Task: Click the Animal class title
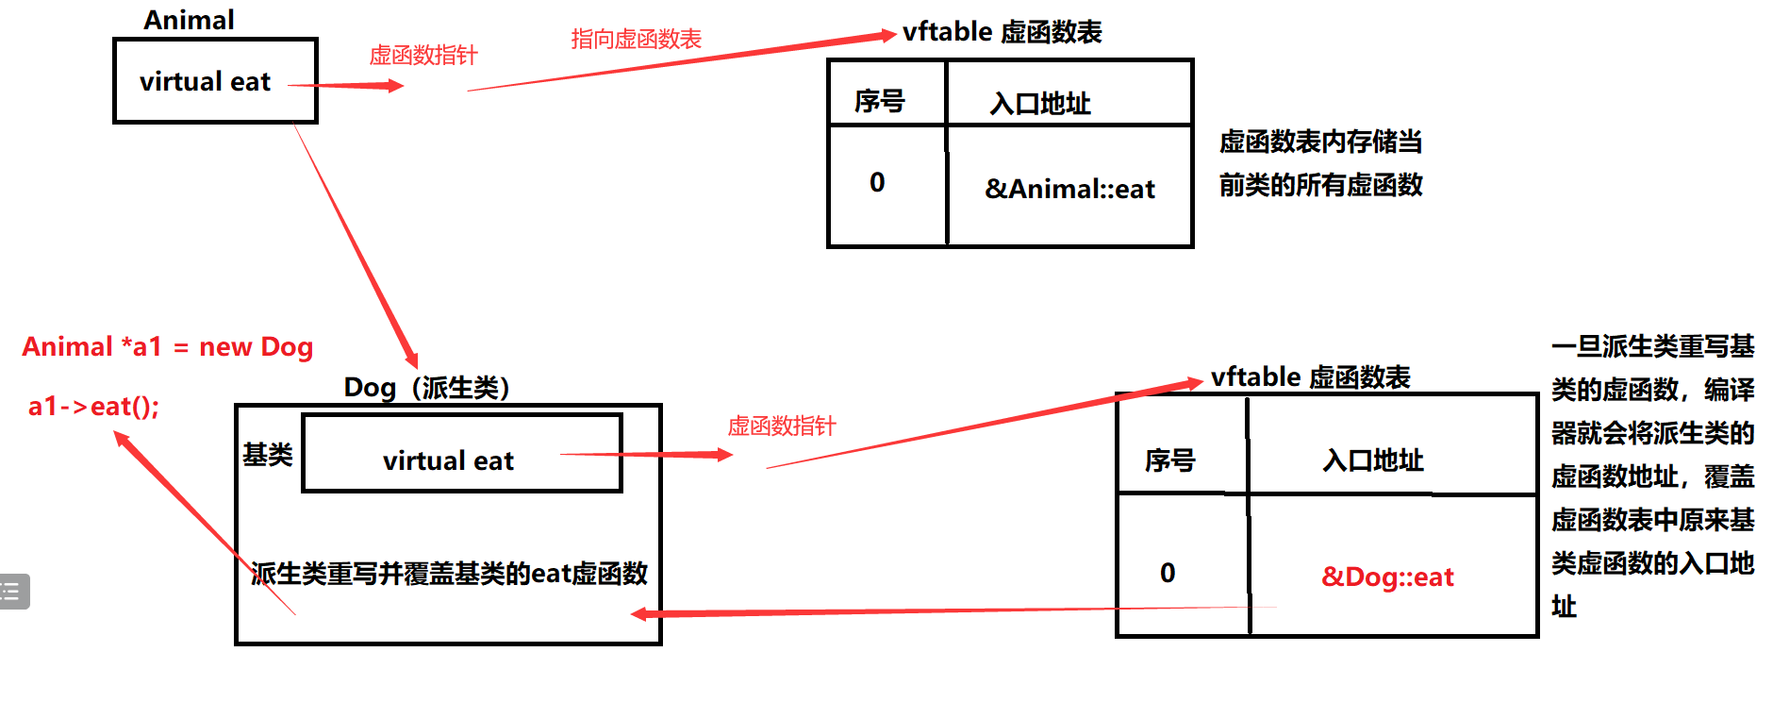coord(189,20)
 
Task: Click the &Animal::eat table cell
coord(1069,189)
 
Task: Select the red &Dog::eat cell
coord(1387,577)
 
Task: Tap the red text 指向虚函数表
coord(637,39)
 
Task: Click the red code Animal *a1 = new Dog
coord(167,347)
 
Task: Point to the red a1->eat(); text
coord(94,407)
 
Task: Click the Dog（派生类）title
coord(427,388)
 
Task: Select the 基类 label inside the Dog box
coord(268,455)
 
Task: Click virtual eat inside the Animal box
coord(205,82)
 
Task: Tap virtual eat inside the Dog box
coord(448,461)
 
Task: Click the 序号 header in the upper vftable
coord(880,101)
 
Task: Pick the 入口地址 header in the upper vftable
coord(1040,103)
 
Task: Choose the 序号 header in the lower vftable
coord(1170,460)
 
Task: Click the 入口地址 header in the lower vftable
coord(1373,460)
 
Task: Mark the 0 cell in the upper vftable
coord(877,182)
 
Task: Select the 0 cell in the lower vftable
coord(1168,573)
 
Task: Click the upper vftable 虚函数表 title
coord(1002,32)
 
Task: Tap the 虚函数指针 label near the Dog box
coord(782,426)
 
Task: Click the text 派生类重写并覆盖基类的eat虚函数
coord(449,574)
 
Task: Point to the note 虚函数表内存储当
coord(1320,142)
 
